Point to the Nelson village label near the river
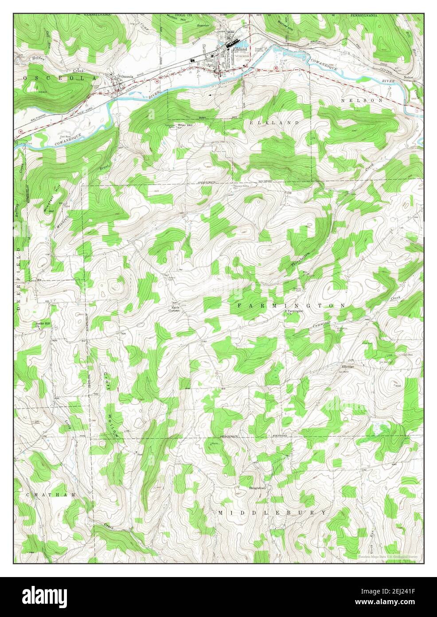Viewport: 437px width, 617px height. (x=408, y=77)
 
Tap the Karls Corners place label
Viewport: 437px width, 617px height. (x=173, y=309)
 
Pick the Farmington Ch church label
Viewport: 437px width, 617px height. (x=296, y=312)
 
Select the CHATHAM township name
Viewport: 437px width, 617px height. (x=45, y=494)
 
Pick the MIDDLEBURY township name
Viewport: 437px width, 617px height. (x=272, y=512)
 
